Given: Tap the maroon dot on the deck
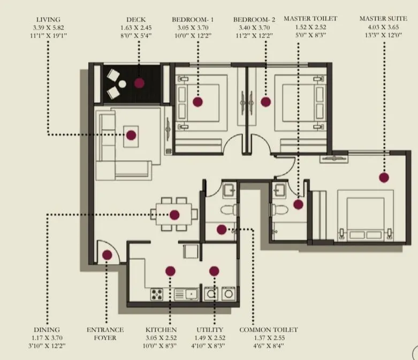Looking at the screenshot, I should (x=139, y=83).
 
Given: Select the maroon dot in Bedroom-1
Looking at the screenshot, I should (x=197, y=102).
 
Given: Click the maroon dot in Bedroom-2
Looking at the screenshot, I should (x=265, y=102).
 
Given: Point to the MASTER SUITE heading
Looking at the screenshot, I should (x=383, y=19).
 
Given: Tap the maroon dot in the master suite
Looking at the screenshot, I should (x=383, y=177).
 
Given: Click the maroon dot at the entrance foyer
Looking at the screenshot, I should (x=107, y=255).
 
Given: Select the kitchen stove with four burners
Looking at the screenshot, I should (x=157, y=294).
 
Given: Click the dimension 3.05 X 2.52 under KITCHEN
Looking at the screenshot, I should (x=161, y=339).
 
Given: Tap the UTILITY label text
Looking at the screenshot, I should (x=210, y=330).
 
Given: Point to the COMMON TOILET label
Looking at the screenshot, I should (x=268, y=330).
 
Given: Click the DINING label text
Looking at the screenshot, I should (x=47, y=330).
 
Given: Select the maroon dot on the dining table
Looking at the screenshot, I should (x=174, y=215).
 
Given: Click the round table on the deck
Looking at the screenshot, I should (x=122, y=84).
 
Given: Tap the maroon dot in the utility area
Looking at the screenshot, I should (x=214, y=271).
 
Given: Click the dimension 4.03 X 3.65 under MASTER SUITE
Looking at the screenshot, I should (x=383, y=27).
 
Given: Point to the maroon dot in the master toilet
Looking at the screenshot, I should (x=298, y=204).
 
